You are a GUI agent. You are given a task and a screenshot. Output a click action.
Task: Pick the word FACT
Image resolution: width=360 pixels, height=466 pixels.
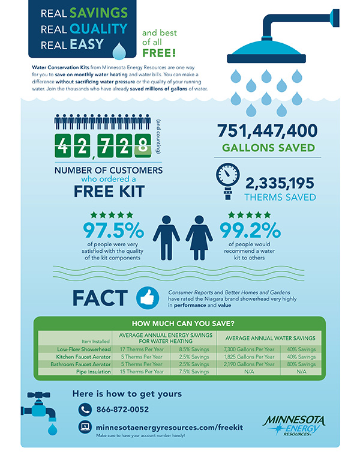coord(99,298)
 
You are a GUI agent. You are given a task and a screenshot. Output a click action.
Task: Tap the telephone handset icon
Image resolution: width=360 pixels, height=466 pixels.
coord(84,410)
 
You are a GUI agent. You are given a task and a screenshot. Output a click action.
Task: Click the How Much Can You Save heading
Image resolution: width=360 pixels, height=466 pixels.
coord(179,322)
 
